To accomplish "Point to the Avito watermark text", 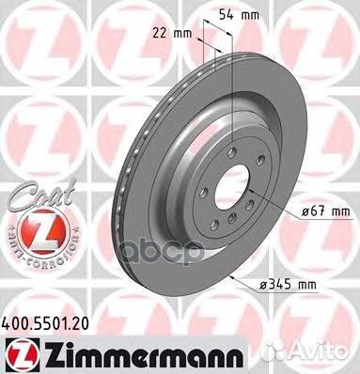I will point(330,355).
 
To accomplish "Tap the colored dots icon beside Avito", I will point(300,355).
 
